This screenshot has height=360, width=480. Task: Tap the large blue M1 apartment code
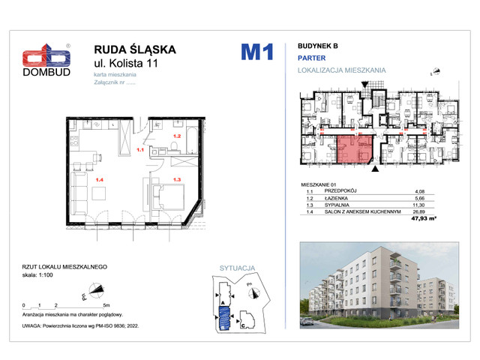[x=256, y=52]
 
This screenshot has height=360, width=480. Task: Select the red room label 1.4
[x=99, y=179]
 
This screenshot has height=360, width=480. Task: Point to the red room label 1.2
[x=177, y=136]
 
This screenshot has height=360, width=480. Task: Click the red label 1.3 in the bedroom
[x=178, y=179]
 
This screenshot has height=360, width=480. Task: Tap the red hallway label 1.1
[x=139, y=149]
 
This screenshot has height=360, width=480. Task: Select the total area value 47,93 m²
[x=424, y=218]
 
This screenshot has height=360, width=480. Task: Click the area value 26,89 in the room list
[x=430, y=211]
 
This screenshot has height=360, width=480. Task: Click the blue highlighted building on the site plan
[x=223, y=315]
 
